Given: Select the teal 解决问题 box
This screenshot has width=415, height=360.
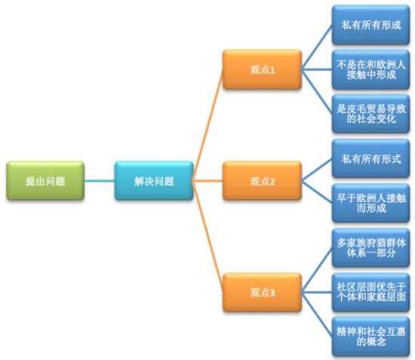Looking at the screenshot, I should click(x=154, y=181).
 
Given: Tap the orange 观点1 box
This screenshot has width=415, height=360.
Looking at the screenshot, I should click(x=262, y=69).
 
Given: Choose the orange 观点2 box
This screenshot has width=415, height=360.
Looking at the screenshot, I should click(x=262, y=181).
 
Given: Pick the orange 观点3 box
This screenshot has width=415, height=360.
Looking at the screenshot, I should click(x=262, y=292).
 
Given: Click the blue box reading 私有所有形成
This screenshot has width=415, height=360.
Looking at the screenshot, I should click(x=370, y=25).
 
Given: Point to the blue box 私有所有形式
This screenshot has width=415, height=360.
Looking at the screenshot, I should click(x=370, y=159).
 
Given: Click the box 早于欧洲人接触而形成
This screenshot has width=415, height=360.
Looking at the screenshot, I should click(x=370, y=203).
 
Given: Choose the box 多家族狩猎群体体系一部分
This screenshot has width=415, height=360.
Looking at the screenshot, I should click(x=370, y=248).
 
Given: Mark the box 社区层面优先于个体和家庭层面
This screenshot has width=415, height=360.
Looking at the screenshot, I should click(x=370, y=292).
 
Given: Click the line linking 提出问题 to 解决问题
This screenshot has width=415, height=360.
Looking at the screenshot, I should click(x=100, y=181).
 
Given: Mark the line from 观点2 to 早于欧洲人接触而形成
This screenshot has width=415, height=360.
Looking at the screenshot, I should click(x=317, y=192).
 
